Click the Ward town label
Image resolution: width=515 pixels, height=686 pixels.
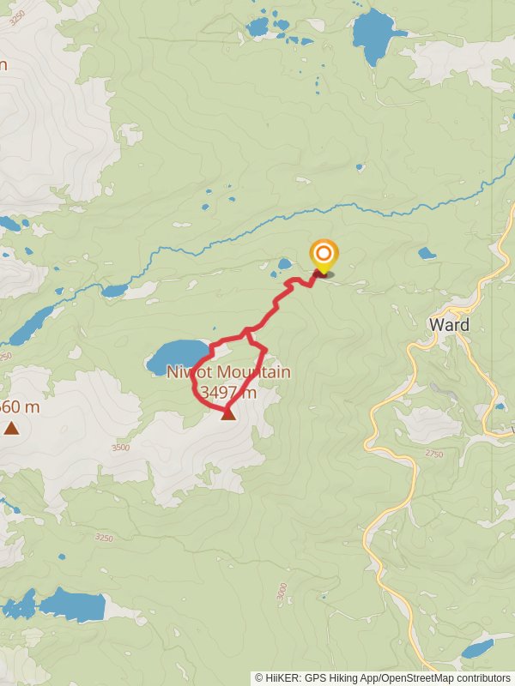click(449, 325)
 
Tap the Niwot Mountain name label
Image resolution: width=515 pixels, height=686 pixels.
click(229, 373)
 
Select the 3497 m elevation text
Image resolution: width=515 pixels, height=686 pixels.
click(227, 393)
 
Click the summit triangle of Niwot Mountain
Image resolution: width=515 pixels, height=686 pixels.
click(227, 414)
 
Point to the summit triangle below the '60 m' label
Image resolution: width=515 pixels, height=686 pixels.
click(11, 427)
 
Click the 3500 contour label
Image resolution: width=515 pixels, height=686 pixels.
click(120, 447)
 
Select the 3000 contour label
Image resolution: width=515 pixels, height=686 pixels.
click(282, 592)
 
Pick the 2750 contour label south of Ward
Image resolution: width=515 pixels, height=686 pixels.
click(433, 454)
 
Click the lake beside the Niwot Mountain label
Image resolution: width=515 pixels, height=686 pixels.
click(178, 353)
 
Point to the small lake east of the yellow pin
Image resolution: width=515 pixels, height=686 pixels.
click(427, 253)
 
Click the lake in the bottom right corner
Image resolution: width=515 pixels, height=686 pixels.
click(478, 648)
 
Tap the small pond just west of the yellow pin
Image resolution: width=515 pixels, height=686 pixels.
click(284, 265)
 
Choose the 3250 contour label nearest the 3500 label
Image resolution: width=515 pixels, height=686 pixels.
click(104, 538)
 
